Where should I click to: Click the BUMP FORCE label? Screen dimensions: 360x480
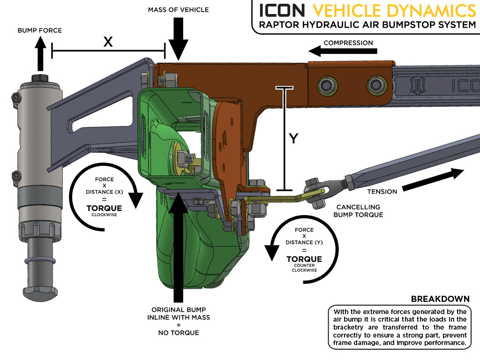40,30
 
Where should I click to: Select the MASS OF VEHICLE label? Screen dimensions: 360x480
178,9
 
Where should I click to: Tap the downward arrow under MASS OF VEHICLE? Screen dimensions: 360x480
178,40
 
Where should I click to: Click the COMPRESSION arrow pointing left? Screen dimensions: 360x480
328,51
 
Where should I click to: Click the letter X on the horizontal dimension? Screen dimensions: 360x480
108,42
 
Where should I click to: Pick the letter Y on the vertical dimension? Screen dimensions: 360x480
293,139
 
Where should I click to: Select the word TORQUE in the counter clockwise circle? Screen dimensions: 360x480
304,259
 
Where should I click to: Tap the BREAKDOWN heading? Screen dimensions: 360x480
440,299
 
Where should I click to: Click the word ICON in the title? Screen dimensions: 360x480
282,10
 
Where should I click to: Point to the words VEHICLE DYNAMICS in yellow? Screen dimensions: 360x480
394,10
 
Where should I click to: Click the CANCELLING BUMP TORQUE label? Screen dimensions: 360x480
358,211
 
